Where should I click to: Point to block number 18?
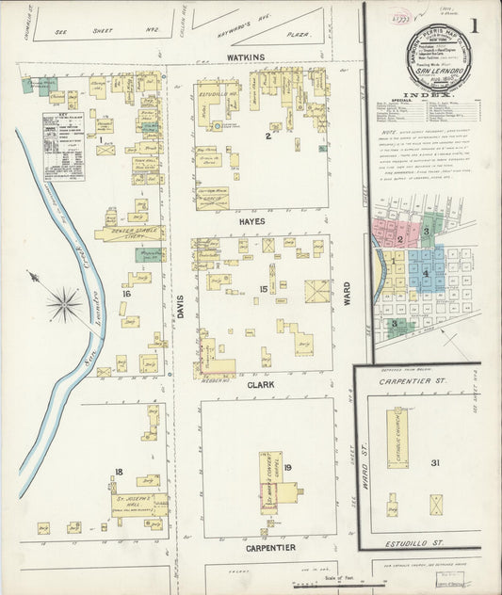pos(119,471)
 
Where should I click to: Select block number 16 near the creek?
pos(125,295)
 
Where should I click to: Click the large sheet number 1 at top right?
pos(488,26)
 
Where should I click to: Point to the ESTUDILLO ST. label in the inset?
pos(414,544)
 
